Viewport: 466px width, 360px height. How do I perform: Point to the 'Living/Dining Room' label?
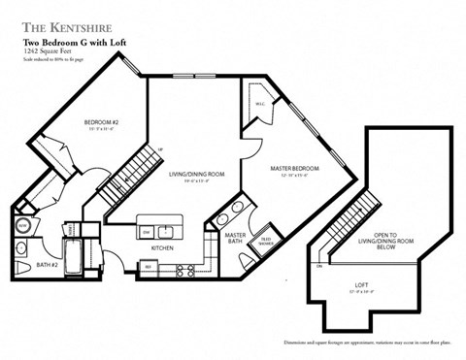(x=196, y=174)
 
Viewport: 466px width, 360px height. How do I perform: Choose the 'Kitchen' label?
(x=163, y=248)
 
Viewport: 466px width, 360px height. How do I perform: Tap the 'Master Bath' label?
(x=235, y=239)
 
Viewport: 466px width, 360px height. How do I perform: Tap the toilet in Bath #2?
(x=23, y=267)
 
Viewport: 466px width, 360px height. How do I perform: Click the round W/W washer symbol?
(x=23, y=225)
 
